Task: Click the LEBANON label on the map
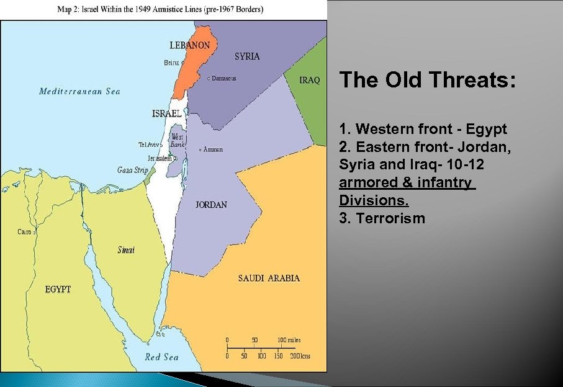click(x=189, y=45)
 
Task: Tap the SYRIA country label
click(x=247, y=56)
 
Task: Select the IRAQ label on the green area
click(x=310, y=80)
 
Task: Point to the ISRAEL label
click(x=167, y=113)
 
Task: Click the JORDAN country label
click(x=211, y=205)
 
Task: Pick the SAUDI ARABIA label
click(x=269, y=278)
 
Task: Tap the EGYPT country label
click(x=58, y=290)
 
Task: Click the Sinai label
click(x=126, y=250)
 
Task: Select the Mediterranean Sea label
click(x=79, y=91)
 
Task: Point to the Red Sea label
click(x=161, y=357)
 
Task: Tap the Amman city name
click(x=213, y=149)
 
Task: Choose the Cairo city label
click(x=25, y=232)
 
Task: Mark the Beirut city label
click(x=171, y=63)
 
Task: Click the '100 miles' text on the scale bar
click(x=290, y=340)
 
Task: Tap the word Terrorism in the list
click(x=390, y=218)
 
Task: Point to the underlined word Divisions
click(x=374, y=201)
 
